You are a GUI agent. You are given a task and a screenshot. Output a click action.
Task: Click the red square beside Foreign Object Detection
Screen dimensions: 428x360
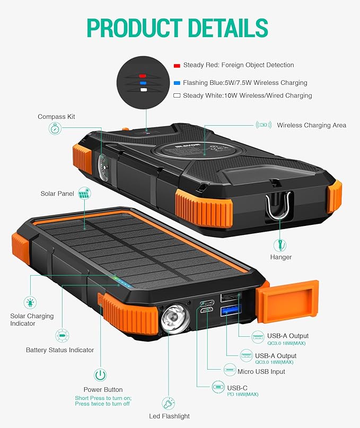(177, 65)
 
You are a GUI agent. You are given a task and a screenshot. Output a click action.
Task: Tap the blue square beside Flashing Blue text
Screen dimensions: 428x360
(177, 83)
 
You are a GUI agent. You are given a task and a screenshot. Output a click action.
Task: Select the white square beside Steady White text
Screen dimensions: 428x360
(177, 96)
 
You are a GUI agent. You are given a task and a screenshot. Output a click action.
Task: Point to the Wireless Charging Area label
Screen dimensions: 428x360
(311, 125)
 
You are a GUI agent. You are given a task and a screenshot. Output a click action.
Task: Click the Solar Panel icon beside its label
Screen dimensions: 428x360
(84, 193)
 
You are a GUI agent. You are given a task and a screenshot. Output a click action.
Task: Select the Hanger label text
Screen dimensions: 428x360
(281, 257)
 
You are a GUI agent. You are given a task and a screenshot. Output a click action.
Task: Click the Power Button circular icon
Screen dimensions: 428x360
(100, 375)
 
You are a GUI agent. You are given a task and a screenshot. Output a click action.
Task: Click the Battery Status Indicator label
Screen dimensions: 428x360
(60, 350)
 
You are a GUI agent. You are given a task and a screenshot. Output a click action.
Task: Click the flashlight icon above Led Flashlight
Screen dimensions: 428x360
(168, 403)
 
